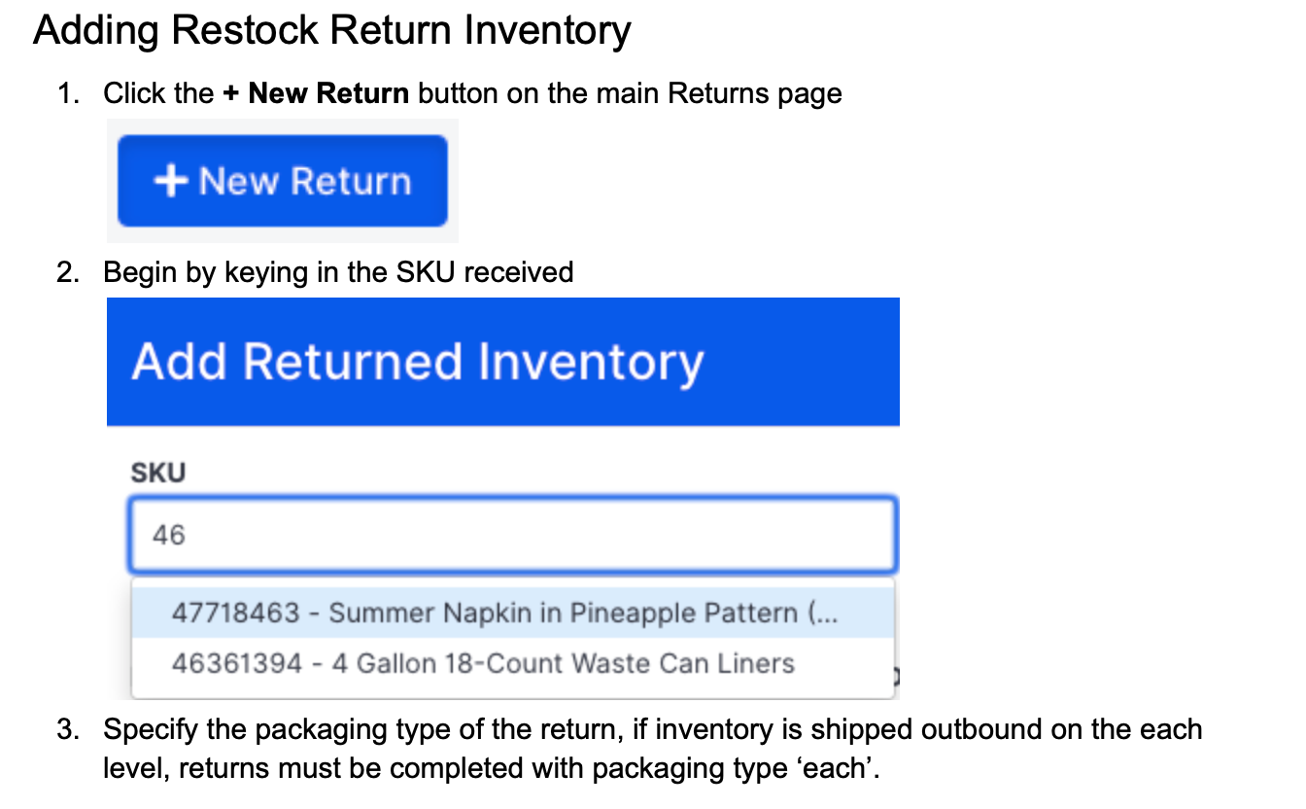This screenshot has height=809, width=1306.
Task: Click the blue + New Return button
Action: [x=282, y=181]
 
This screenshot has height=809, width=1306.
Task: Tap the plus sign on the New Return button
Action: [x=171, y=182]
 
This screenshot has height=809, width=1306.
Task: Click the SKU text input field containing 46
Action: [x=512, y=535]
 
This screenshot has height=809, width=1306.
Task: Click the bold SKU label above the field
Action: [x=157, y=474]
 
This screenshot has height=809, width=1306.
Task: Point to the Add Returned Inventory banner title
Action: [x=417, y=362]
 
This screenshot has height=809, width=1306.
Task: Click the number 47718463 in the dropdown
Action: [x=235, y=614]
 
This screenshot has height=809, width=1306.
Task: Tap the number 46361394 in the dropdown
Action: [x=236, y=664]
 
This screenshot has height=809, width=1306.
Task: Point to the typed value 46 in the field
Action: [x=168, y=535]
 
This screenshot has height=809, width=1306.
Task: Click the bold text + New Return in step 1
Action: [x=316, y=93]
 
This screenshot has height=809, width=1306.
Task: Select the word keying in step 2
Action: [x=261, y=272]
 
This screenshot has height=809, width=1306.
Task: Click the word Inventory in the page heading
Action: [x=547, y=30]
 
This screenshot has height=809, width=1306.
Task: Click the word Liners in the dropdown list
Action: [x=761, y=664]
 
